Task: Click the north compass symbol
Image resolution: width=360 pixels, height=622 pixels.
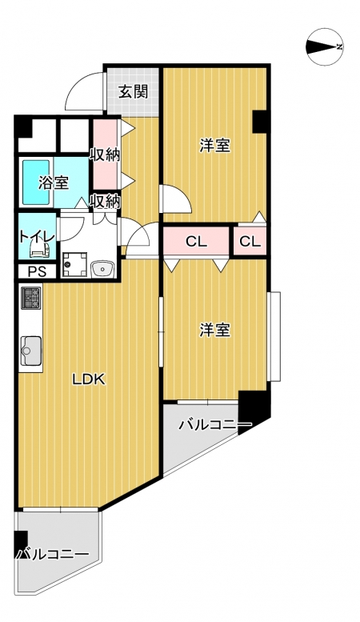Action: click(325, 46)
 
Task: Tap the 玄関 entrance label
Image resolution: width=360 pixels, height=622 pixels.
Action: click(134, 91)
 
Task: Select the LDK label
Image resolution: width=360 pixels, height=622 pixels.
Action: click(89, 379)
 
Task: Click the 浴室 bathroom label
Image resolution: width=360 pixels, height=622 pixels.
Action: click(54, 183)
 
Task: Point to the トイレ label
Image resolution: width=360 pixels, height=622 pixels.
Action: click(37, 237)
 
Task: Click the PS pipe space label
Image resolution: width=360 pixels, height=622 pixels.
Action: click(38, 272)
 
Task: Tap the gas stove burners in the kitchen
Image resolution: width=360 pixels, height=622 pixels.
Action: click(30, 298)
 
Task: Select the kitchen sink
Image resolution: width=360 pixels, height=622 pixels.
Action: click(31, 351)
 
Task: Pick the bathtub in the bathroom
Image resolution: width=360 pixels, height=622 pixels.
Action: click(36, 182)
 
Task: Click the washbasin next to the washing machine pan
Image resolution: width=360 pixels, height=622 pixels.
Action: click(102, 269)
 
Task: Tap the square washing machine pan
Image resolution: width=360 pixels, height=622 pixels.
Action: click(74, 265)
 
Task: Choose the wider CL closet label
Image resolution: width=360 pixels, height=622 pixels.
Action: click(197, 242)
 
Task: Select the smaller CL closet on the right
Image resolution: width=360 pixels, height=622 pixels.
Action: click(250, 242)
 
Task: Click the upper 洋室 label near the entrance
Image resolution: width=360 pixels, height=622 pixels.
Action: click(214, 146)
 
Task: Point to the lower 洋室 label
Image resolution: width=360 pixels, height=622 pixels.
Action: click(214, 330)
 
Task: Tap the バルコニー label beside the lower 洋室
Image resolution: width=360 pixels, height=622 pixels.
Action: click(215, 425)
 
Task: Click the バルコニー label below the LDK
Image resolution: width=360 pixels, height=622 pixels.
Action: click(51, 554)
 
